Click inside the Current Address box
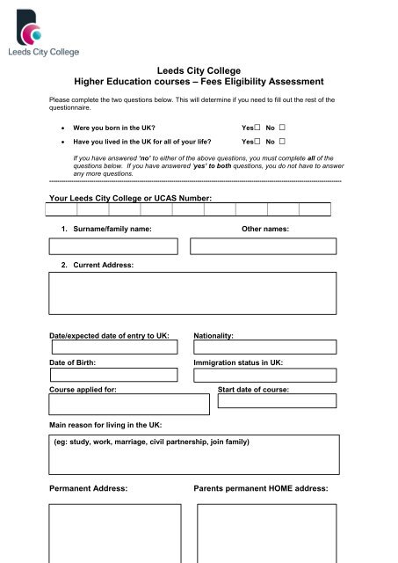(192, 293)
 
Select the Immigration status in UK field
(264, 375)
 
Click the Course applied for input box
(128, 404)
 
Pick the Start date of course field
(276, 401)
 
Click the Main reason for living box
(192, 453)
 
